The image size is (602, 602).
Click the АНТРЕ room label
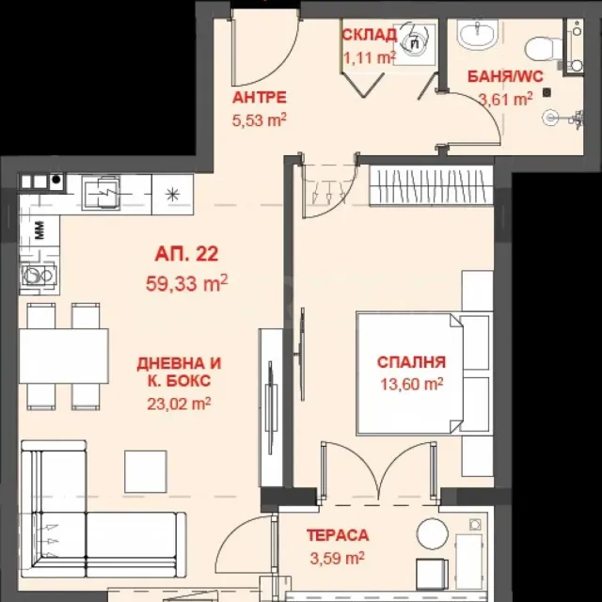click(x=260, y=98)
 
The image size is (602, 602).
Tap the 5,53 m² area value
click(x=260, y=120)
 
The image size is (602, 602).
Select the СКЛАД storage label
click(x=369, y=35)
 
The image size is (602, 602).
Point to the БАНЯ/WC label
click(x=505, y=76)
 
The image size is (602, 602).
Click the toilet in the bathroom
click(x=538, y=49)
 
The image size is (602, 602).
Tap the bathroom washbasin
click(x=477, y=34)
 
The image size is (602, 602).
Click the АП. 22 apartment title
click(x=186, y=254)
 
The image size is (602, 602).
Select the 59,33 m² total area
click(x=186, y=283)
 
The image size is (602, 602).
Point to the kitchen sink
click(x=102, y=193)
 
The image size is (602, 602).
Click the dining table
click(x=64, y=356)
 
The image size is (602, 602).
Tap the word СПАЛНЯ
click(x=412, y=362)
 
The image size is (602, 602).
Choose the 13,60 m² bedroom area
click(x=412, y=384)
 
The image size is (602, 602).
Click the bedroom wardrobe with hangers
click(x=432, y=186)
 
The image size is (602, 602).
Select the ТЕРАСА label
click(x=338, y=535)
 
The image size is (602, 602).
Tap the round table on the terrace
click(x=433, y=533)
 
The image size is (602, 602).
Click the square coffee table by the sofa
click(x=146, y=472)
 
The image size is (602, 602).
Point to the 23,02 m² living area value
click(x=179, y=404)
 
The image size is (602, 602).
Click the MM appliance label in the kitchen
click(x=40, y=230)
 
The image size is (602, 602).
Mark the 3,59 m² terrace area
click(x=338, y=558)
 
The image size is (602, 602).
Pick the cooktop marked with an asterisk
click(x=172, y=195)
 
